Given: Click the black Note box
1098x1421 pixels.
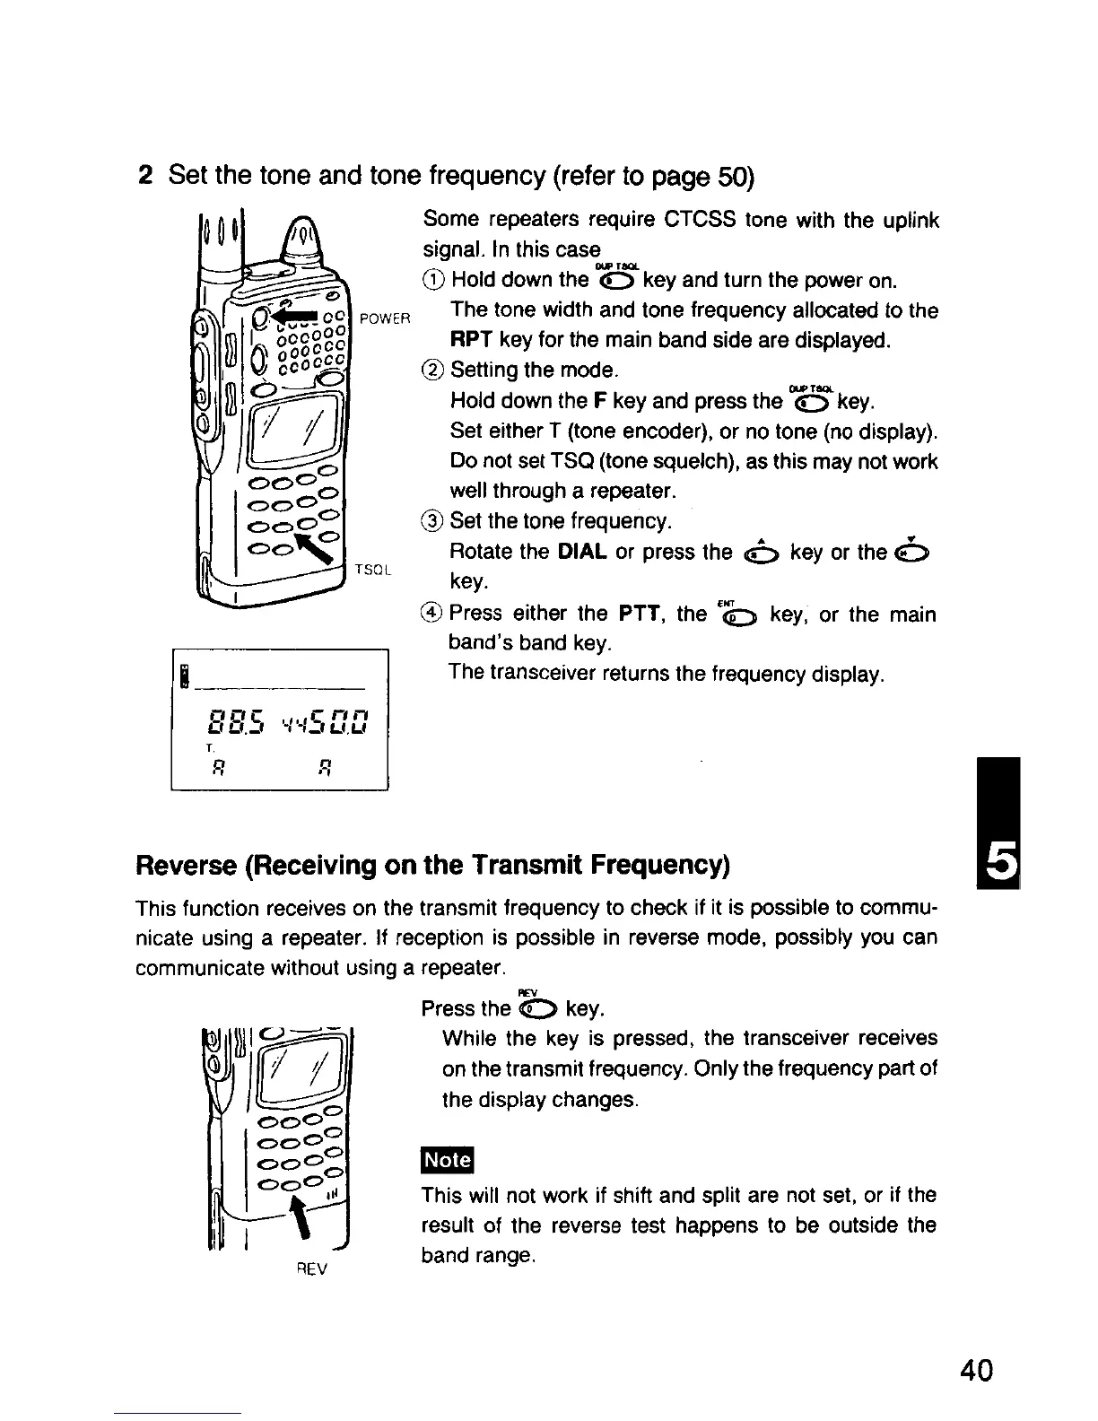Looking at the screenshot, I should point(447,1160).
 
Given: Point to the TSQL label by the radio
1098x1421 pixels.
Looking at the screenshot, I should point(371,569).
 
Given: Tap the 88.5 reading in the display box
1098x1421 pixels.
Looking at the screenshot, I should point(232,719).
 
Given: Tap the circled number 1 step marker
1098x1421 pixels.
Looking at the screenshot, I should point(433,280).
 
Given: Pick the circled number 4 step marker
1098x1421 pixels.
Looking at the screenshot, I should point(433,615).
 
